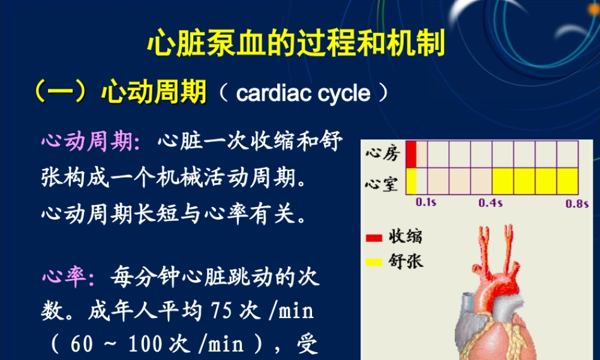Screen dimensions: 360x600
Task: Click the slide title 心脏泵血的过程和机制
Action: (296, 43)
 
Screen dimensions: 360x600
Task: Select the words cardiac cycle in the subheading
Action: (303, 94)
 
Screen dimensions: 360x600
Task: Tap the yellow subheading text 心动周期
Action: (154, 93)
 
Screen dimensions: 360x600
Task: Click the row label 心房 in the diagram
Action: (382, 154)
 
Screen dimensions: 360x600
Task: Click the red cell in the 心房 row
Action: (411, 154)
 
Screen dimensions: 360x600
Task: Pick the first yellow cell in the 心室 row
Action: (411, 181)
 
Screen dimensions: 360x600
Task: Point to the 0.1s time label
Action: (426, 203)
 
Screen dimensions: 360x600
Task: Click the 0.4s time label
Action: (490, 203)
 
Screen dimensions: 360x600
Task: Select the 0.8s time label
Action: (577, 203)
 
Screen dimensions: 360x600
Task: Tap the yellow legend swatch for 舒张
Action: (374, 262)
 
